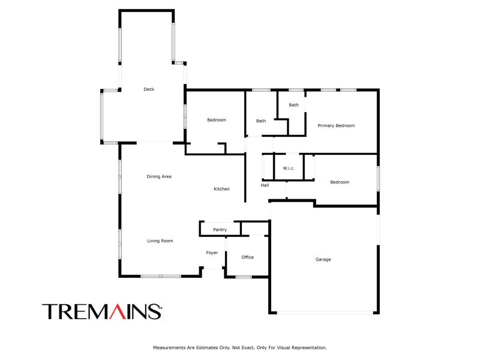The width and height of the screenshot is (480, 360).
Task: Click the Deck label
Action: (149, 89)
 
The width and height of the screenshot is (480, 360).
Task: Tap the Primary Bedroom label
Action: (336, 125)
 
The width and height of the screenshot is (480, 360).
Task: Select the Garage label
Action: (323, 259)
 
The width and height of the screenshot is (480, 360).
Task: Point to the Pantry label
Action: (220, 230)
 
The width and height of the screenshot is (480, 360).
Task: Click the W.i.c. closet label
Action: (289, 168)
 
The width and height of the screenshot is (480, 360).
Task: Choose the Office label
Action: (247, 257)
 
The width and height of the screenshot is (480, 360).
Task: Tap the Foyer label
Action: (212, 253)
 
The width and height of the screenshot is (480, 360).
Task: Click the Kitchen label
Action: (221, 189)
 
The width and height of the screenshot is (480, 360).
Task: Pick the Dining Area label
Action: (159, 176)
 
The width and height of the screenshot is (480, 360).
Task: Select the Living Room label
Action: (160, 241)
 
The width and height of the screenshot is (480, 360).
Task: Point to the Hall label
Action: (265, 185)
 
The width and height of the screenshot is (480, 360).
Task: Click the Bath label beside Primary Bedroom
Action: (293, 104)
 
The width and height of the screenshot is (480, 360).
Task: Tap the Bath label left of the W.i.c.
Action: (261, 121)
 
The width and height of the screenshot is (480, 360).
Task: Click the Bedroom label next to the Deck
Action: (217, 120)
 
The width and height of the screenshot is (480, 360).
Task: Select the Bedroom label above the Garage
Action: (340, 182)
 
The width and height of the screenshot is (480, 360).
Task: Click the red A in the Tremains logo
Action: (118, 311)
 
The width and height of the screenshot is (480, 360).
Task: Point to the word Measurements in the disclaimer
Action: (169, 347)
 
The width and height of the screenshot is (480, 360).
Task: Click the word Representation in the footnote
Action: (309, 347)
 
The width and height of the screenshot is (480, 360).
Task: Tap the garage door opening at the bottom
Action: (325, 313)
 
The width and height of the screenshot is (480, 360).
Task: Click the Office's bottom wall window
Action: (244, 277)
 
